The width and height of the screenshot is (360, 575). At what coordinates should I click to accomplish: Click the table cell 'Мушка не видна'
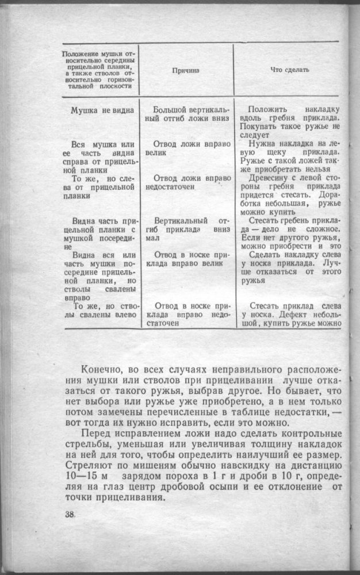point(103,110)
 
